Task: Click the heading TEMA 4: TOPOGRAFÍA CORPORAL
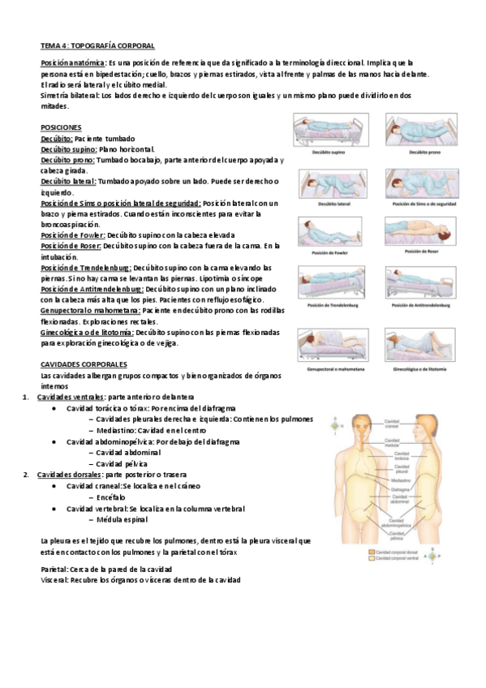[x=97, y=46]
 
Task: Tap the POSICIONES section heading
[x=61, y=128]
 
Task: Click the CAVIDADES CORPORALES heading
[x=83, y=365]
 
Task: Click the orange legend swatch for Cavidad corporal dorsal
[x=371, y=551]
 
